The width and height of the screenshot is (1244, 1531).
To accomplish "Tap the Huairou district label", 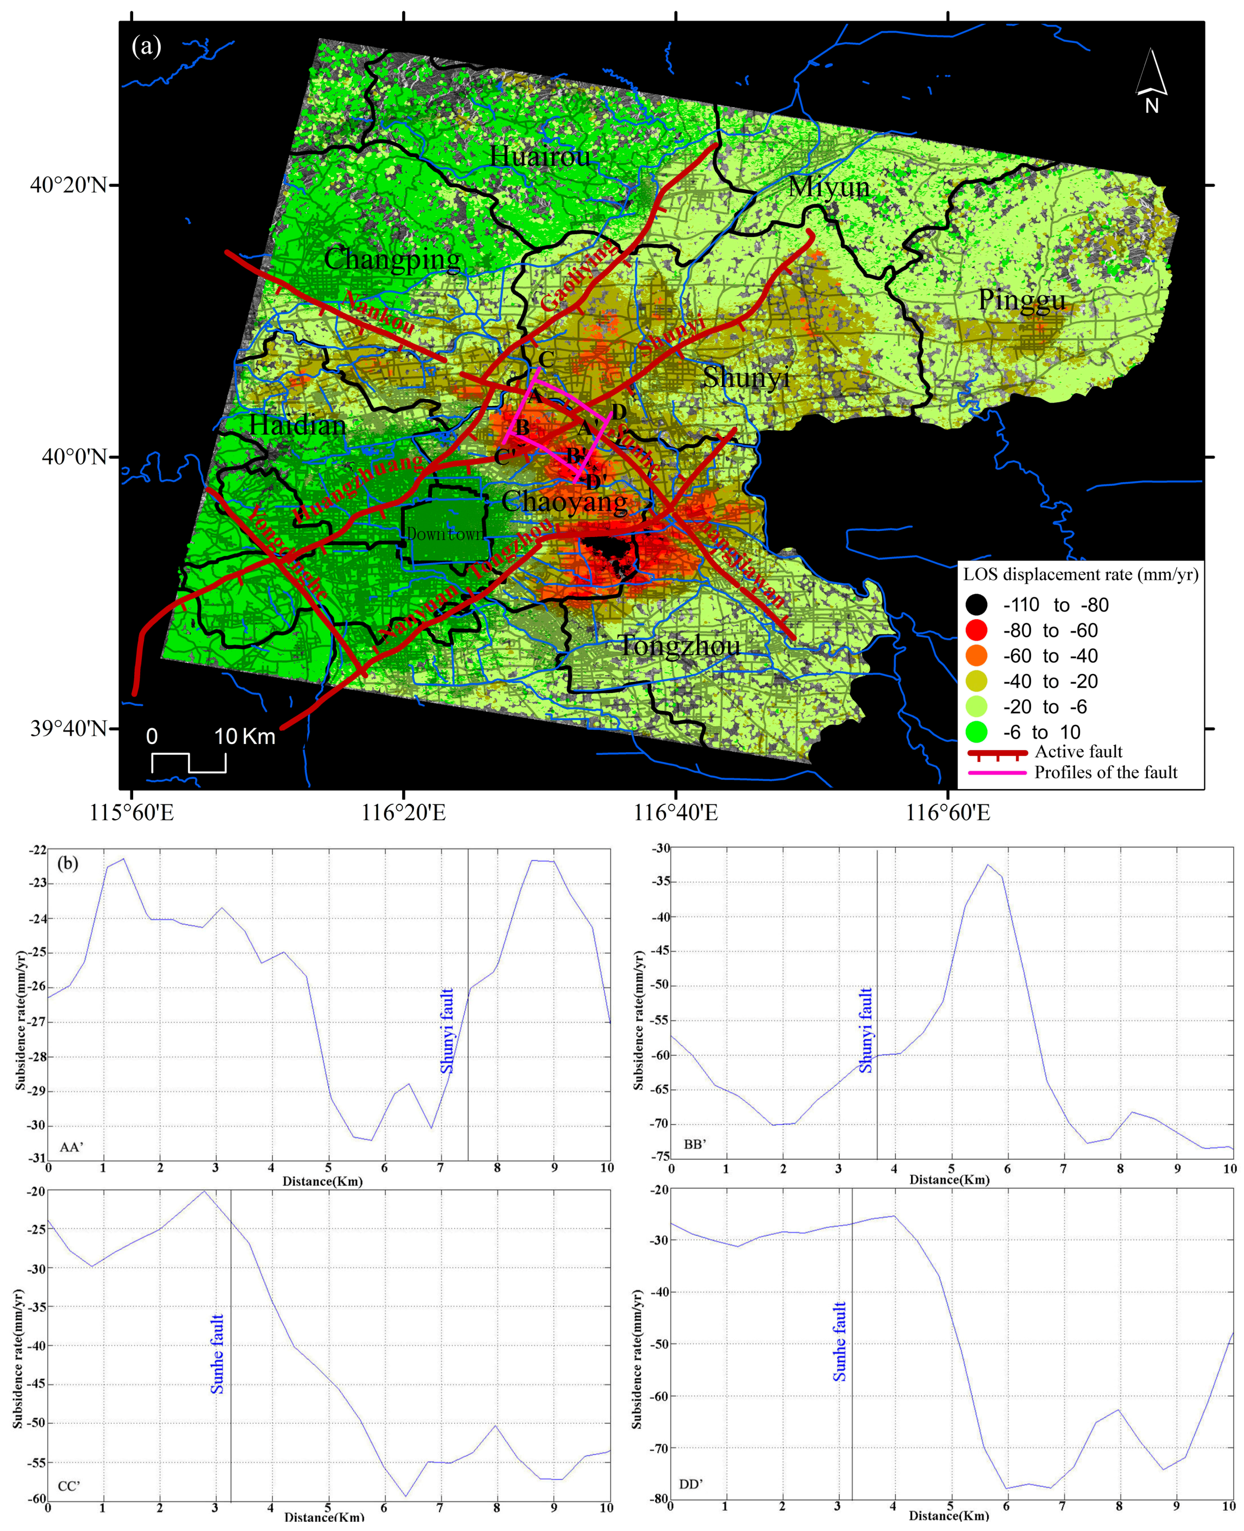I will click(x=540, y=156).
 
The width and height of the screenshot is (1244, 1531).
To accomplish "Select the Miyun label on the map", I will click(x=829, y=187).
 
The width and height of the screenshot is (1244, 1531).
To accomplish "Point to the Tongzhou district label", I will click(x=679, y=646).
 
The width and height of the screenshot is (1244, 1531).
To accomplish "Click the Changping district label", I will click(x=392, y=259).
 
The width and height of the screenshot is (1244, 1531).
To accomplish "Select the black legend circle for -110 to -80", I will click(x=976, y=605).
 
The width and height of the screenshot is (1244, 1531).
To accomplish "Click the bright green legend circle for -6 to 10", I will click(x=976, y=732).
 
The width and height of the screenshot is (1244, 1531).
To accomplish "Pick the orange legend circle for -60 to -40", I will click(x=976, y=656).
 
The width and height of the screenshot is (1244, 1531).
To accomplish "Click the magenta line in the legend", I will click(x=996, y=773).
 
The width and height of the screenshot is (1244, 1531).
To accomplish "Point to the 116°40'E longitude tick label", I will click(x=676, y=813).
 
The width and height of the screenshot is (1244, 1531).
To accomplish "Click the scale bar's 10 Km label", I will click(x=244, y=736).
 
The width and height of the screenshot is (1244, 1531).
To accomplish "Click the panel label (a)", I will click(x=146, y=47).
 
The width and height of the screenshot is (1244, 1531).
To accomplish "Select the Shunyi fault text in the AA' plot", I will click(x=447, y=1031).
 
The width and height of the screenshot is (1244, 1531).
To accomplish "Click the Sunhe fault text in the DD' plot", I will click(x=839, y=1342).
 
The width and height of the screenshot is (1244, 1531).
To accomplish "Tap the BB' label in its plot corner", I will click(x=694, y=1144).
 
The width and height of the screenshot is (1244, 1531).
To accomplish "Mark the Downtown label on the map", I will click(x=444, y=534).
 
